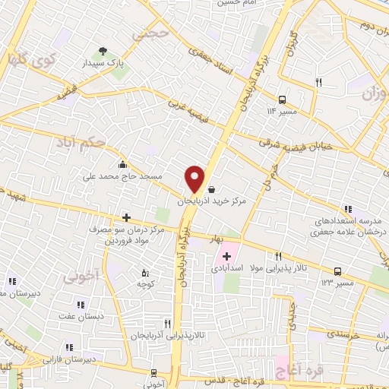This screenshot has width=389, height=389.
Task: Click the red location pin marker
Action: click(x=194, y=178)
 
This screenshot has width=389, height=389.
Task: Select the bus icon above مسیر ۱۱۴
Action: click(x=283, y=100)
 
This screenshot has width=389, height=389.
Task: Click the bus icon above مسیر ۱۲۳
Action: click(x=337, y=270)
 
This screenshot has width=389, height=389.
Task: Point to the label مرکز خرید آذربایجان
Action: click(x=213, y=203)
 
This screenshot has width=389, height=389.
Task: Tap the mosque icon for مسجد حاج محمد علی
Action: click(x=122, y=164)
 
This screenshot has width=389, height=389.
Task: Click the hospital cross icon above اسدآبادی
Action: click(x=226, y=255)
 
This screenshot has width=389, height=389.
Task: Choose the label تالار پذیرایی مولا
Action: click(x=280, y=268)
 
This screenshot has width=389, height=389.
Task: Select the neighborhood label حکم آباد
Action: click(x=80, y=141)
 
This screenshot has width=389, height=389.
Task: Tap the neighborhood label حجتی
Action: click(x=147, y=34)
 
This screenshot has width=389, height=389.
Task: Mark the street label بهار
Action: click(x=219, y=239)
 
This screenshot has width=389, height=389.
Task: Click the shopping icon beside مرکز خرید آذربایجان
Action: click(x=210, y=190)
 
